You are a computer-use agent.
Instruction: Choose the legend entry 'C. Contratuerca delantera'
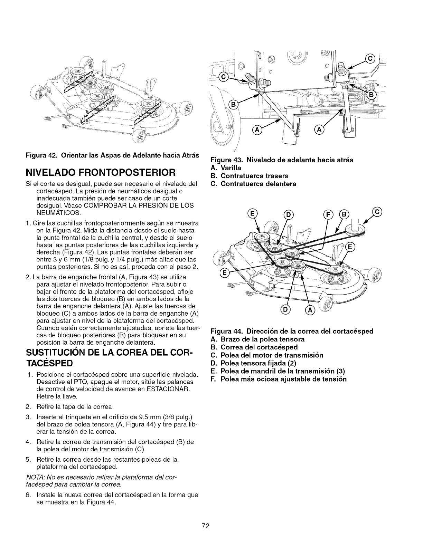[253, 184]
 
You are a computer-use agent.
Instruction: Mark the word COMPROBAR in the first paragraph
[104, 205]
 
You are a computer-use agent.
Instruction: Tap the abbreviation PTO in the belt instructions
[75, 382]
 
